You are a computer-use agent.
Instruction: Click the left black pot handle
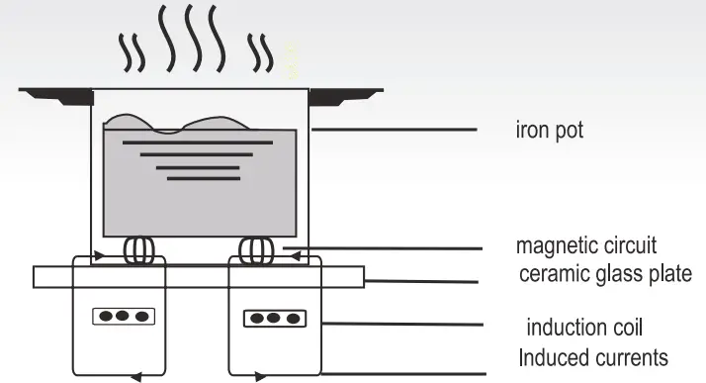click(54, 95)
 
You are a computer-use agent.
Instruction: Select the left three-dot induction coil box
click(124, 317)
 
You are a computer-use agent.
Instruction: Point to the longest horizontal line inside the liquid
click(196, 143)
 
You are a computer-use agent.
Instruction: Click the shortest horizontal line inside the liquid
click(204, 179)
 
